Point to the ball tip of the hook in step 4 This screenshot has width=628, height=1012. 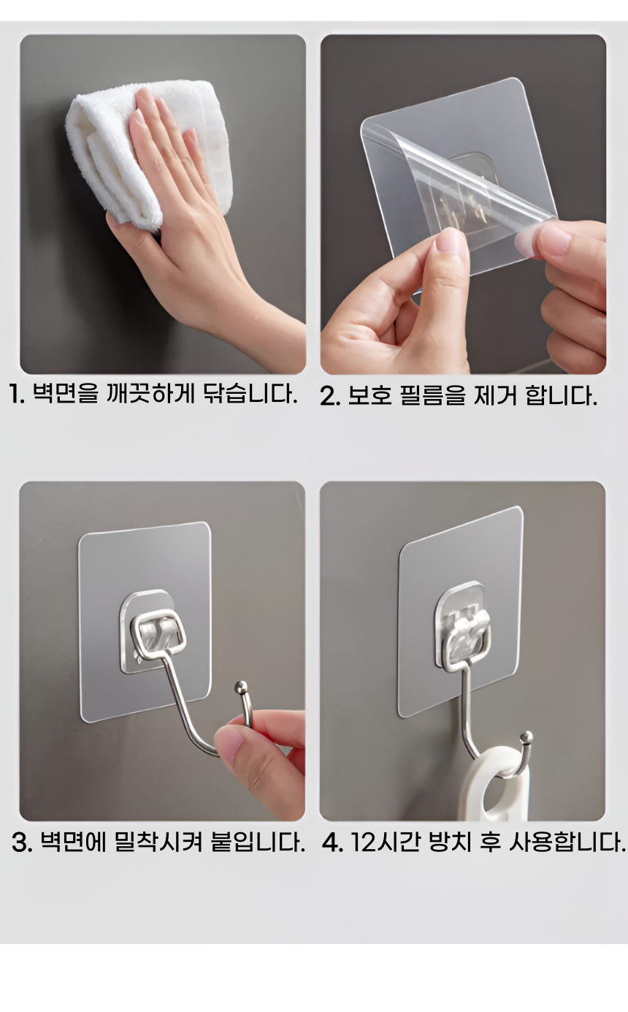coord(526,737)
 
